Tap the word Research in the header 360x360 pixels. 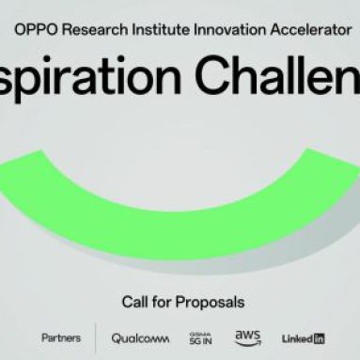(x=92, y=28)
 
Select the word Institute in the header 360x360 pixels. (x=160, y=28)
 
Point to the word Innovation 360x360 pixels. (x=227, y=28)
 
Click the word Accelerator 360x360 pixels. (x=305, y=28)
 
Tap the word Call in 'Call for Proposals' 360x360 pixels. (x=134, y=302)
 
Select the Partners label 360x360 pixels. (x=61, y=337)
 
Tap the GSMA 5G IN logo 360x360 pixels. (x=200, y=337)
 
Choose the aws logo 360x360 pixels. (x=247, y=336)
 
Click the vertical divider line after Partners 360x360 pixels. (x=96, y=337)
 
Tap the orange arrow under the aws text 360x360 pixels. (x=248, y=343)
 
